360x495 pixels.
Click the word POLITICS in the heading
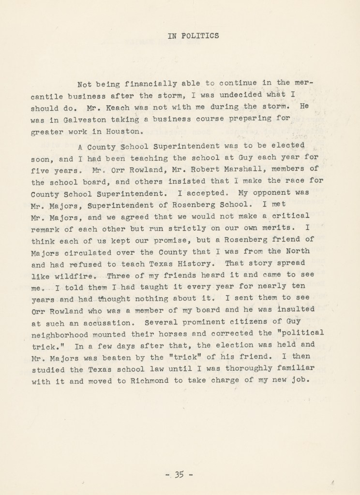(x=203, y=35)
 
